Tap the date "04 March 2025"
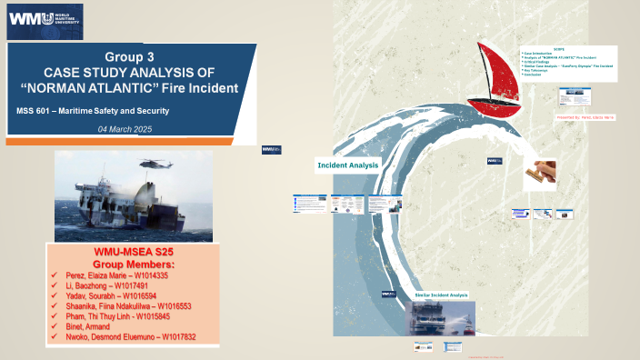tap(125, 129)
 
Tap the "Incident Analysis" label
tap(347, 165)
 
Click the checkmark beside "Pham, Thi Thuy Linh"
tap(55, 316)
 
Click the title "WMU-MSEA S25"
tap(135, 252)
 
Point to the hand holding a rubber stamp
tap(539, 171)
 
